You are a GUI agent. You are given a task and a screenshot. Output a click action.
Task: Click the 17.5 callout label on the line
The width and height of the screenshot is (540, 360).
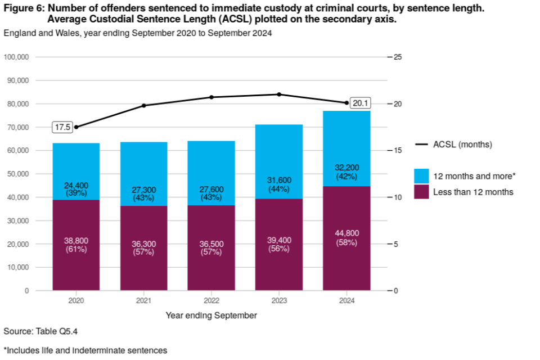pos(62,127)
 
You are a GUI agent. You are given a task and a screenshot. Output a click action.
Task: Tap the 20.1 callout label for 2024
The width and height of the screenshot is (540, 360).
pos(359,103)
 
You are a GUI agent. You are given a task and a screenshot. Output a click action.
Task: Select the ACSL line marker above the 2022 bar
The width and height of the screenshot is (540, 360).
pos(211,97)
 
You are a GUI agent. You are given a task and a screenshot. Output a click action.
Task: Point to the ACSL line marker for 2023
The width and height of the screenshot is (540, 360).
pos(279,94)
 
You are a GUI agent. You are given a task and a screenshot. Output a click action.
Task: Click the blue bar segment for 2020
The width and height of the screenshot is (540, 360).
pos(76,163)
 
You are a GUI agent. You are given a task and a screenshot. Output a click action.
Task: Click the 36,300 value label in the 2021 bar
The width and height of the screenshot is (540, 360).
pos(144,245)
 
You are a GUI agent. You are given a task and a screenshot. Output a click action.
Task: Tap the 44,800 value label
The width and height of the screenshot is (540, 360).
pos(346,233)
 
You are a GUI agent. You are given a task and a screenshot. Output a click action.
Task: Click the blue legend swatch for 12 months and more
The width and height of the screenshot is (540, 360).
pos(422,175)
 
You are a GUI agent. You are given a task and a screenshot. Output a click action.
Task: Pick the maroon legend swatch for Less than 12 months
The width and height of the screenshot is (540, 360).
pos(422,192)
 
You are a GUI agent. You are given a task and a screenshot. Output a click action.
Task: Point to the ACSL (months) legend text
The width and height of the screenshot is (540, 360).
pos(462,145)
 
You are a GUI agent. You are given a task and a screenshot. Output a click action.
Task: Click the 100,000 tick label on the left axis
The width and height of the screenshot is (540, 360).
pos(16,57)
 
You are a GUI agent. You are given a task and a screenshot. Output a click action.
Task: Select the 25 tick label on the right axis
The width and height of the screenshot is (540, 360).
pos(398,57)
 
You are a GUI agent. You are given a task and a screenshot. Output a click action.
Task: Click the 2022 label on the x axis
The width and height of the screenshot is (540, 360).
pos(211,301)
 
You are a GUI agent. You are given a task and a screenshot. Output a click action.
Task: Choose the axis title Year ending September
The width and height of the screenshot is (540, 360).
pos(211,316)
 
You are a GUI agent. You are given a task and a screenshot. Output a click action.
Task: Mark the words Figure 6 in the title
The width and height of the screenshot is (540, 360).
pos(22,10)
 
